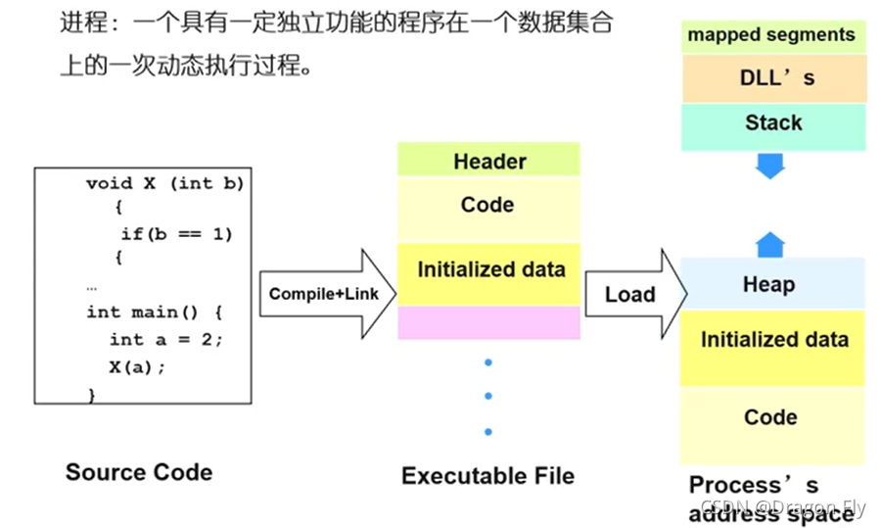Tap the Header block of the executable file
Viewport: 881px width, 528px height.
(x=488, y=161)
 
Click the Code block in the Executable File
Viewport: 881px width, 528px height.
(x=487, y=206)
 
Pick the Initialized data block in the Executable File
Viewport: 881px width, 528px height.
(x=489, y=270)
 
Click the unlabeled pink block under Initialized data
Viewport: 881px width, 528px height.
(x=488, y=322)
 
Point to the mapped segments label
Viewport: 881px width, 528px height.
(x=771, y=35)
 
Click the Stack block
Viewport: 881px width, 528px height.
(x=773, y=124)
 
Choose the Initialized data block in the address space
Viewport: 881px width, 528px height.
(x=773, y=341)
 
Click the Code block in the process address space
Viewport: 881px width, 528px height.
(x=771, y=418)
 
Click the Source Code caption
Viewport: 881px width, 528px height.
(x=139, y=472)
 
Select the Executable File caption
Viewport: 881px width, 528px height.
(x=487, y=476)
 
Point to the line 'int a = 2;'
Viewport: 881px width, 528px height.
(x=166, y=339)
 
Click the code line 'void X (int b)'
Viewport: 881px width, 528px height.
(x=164, y=183)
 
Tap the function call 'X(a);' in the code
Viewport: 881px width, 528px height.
(x=138, y=367)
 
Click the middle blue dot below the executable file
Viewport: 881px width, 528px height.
(x=488, y=397)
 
